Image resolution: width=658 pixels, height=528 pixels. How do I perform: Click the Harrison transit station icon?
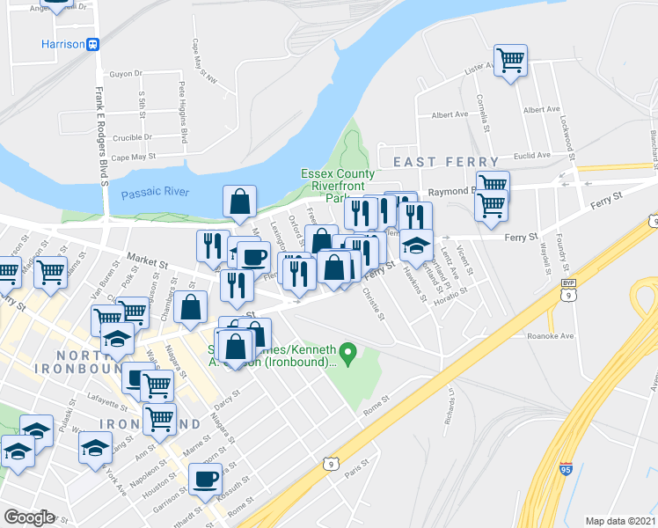coord(92,44)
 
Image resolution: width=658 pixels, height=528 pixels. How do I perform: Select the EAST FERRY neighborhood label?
coord(445,162)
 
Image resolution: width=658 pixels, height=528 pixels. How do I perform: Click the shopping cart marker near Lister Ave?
coord(510,61)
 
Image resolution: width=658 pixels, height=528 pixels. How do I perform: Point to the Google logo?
coord(29,517)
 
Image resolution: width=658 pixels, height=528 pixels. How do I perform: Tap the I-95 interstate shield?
coord(567,471)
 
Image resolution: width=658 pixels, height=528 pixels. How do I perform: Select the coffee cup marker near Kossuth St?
coord(206,480)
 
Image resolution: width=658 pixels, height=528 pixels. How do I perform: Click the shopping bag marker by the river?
coord(239,203)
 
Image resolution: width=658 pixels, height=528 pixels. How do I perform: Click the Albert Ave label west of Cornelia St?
coord(450,114)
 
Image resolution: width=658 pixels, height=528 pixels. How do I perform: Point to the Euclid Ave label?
coord(532,155)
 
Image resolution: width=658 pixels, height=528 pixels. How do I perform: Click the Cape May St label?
coord(132,157)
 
